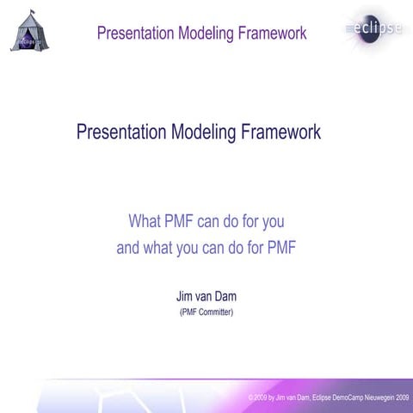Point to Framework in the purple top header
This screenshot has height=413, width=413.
[x=274, y=34]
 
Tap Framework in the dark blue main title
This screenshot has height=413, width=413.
[x=282, y=133]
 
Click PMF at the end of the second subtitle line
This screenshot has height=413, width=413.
[x=280, y=250]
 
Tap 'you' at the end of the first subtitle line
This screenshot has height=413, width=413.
[x=272, y=221]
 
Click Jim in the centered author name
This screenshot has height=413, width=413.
[x=185, y=296]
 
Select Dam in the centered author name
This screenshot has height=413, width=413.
[x=225, y=296]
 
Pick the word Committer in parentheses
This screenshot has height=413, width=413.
[x=214, y=311]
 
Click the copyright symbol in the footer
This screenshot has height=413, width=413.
[x=250, y=398]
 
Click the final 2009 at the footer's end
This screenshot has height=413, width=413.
[x=403, y=398]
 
